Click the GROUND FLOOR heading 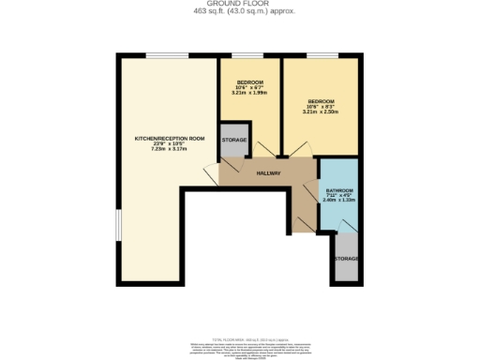click(x=239, y=5)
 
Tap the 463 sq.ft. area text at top click(x=239, y=12)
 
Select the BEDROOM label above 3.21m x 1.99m click(x=249, y=82)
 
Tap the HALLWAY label click(x=269, y=173)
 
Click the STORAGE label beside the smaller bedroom click(x=233, y=140)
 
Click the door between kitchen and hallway click(x=213, y=171)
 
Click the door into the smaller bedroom click(x=266, y=149)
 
